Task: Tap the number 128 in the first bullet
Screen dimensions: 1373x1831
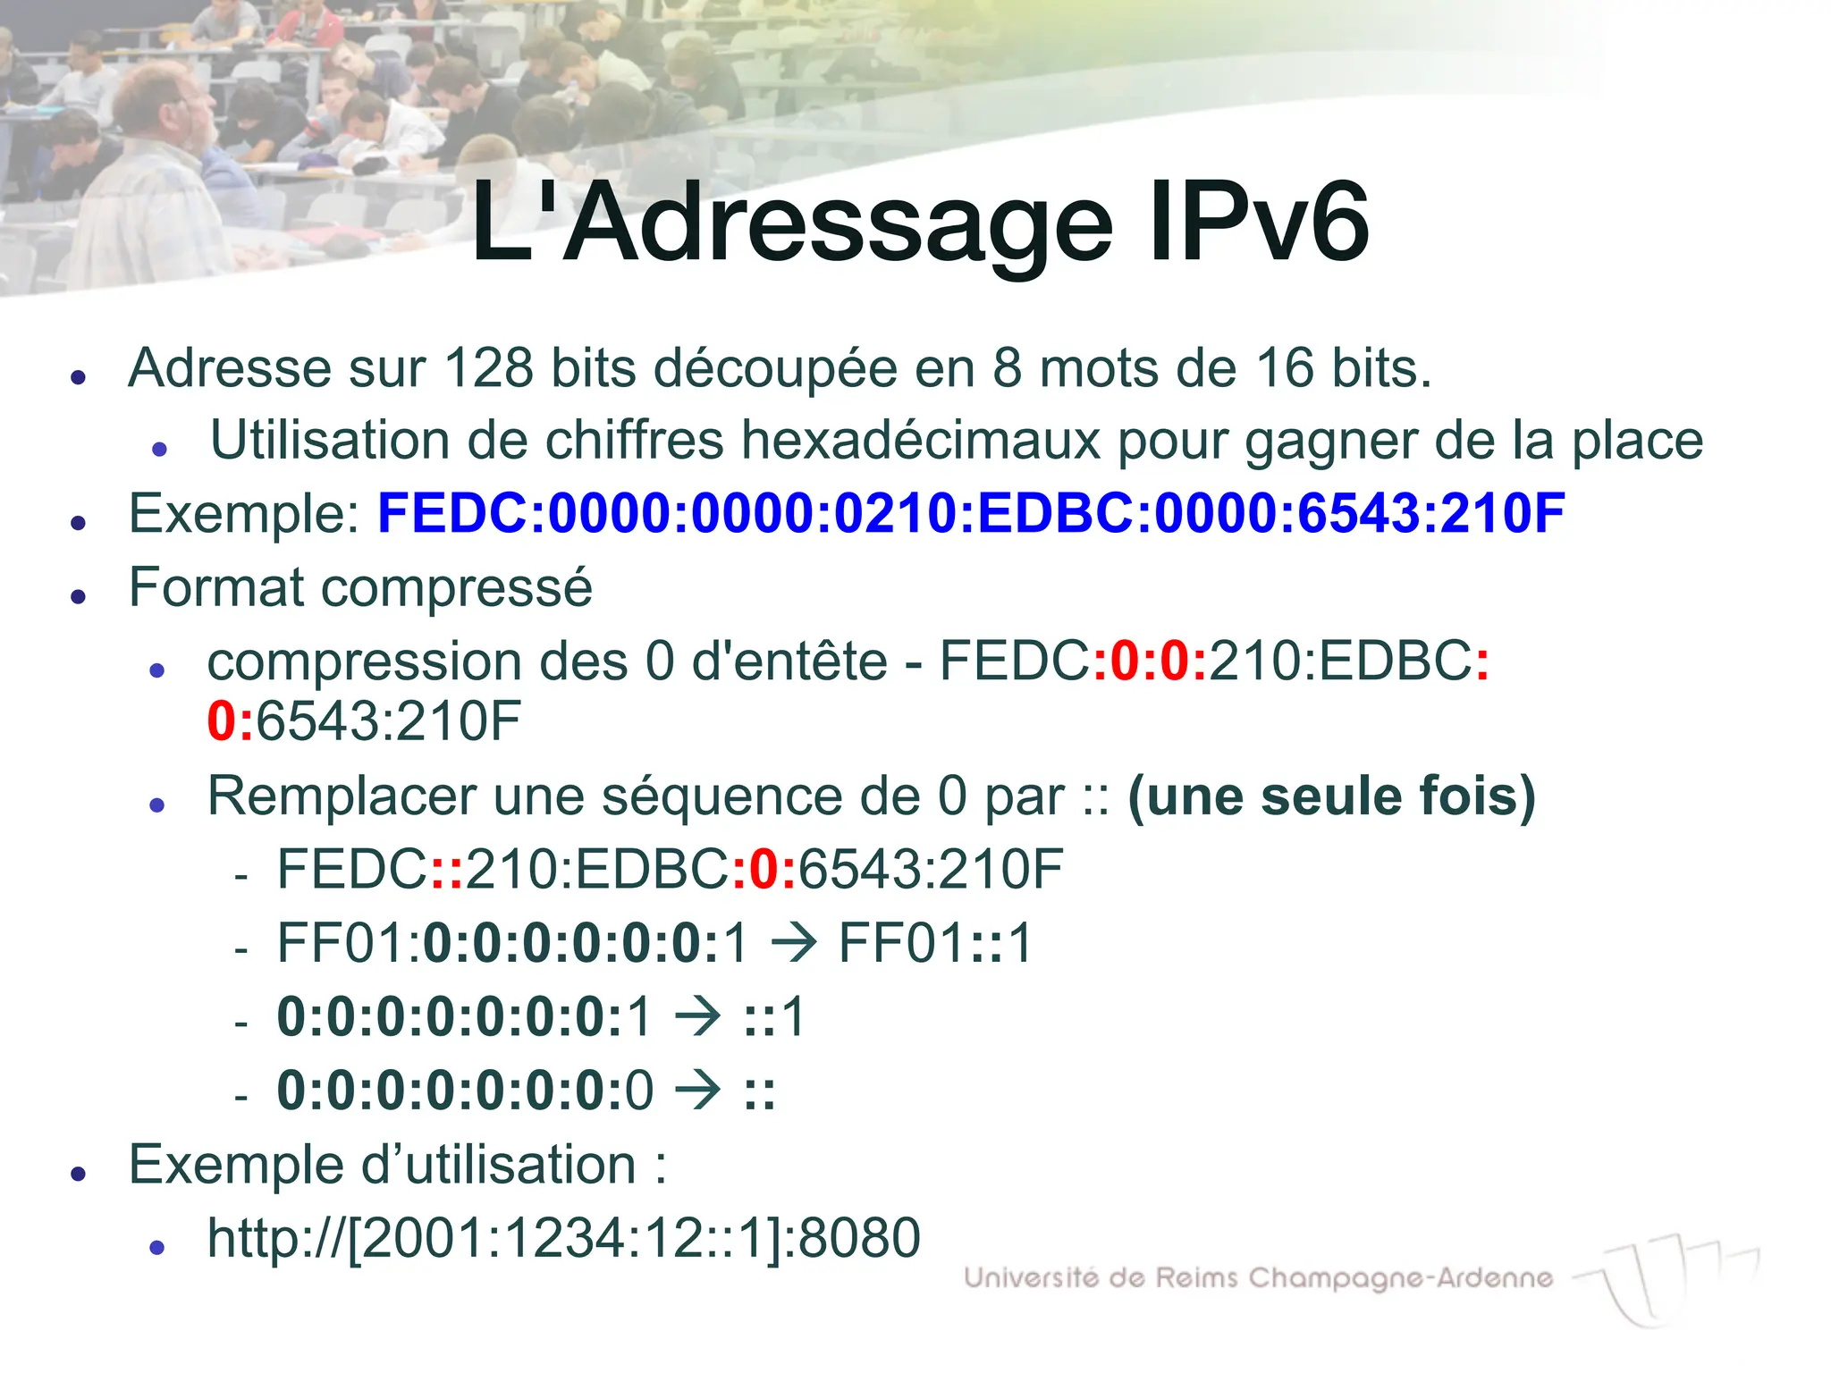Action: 488,367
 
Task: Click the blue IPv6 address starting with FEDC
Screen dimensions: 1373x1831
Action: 971,514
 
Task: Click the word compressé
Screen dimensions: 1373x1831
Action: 456,588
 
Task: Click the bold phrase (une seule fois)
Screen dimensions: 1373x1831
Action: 1331,796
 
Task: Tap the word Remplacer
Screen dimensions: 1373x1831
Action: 342,796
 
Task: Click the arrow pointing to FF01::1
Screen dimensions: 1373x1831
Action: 793,943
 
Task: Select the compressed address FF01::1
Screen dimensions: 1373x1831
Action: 935,943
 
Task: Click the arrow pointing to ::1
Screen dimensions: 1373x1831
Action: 697,1017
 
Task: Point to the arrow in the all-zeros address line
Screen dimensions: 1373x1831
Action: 697,1091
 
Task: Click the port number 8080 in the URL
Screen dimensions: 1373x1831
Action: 858,1238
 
